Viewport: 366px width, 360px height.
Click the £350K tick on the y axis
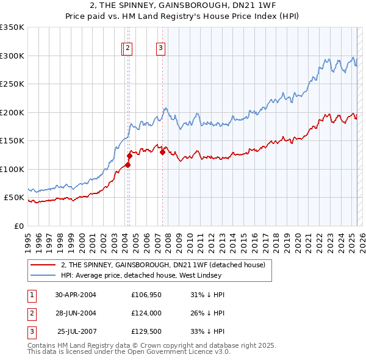point(12,27)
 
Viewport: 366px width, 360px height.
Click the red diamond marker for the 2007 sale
point(162,153)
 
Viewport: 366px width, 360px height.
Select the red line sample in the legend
point(43,265)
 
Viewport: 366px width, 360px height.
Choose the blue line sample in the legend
point(43,276)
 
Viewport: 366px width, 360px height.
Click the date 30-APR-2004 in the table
point(76,295)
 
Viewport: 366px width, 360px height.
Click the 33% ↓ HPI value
point(207,333)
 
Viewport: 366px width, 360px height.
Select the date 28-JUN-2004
point(76,314)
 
